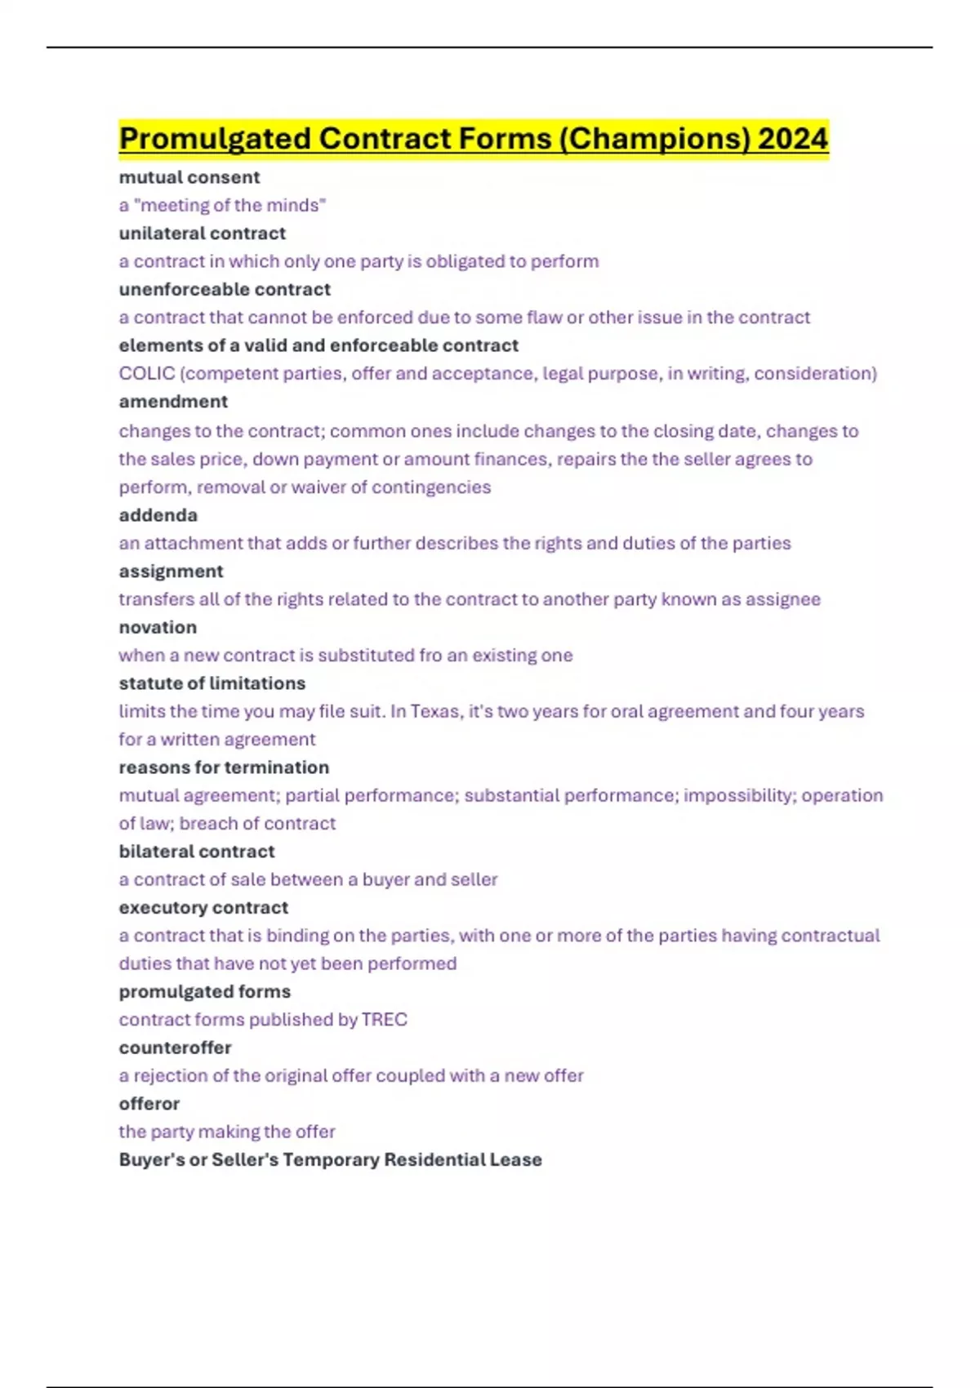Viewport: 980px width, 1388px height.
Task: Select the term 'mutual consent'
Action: point(189,177)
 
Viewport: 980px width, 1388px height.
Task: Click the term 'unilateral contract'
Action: point(203,234)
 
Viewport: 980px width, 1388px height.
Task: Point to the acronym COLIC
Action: point(147,373)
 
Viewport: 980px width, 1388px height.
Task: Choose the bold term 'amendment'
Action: point(173,402)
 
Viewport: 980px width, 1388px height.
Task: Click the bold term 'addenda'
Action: point(158,515)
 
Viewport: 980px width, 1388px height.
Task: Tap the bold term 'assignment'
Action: point(171,572)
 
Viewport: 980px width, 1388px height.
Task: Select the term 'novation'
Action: point(158,627)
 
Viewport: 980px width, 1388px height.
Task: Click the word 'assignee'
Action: point(782,599)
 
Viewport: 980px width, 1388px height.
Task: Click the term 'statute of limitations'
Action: point(212,683)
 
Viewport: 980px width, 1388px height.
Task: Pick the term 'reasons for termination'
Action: point(224,767)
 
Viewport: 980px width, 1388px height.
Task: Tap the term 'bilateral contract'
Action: point(197,852)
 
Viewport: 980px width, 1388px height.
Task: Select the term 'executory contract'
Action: point(203,908)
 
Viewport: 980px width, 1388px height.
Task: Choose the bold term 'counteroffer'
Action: point(176,1048)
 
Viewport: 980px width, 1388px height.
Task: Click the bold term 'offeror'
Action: point(149,1104)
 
